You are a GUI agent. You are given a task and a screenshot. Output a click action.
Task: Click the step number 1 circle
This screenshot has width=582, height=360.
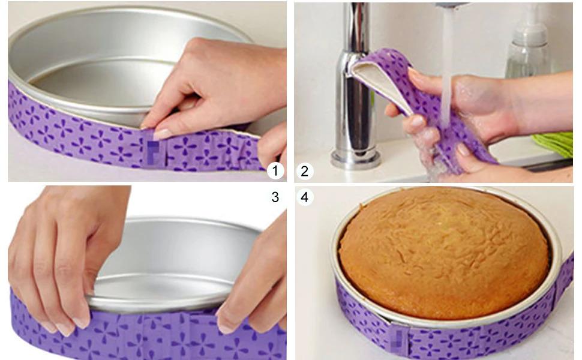tap(275, 171)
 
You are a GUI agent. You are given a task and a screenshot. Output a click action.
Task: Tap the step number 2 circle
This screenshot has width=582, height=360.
tap(304, 171)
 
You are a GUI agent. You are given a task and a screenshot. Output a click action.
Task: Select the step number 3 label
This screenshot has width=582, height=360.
tap(275, 197)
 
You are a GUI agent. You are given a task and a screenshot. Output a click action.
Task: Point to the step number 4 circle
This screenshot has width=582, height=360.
tap(305, 197)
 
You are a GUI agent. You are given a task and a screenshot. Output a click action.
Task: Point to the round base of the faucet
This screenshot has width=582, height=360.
tap(355, 159)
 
